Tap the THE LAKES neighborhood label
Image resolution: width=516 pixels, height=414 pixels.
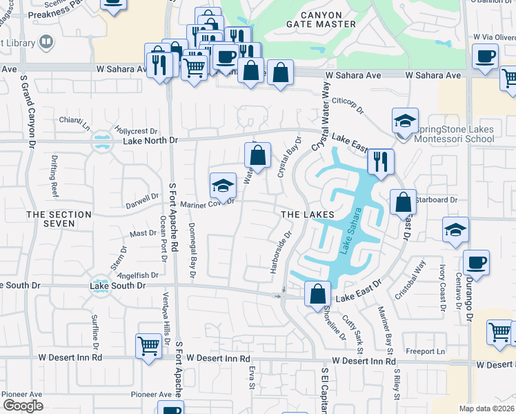tap(307, 215)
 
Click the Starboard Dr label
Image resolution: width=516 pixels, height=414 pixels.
tap(438, 200)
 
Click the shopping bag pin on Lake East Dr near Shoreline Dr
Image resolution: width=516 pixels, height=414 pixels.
tap(317, 293)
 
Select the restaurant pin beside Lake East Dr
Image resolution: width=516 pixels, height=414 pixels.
tap(380, 162)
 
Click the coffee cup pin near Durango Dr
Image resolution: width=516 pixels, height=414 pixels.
tap(477, 262)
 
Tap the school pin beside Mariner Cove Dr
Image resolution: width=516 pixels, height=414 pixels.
tap(223, 185)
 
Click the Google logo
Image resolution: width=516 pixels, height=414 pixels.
tap(23, 405)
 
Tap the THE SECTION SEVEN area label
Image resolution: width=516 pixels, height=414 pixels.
tap(59, 219)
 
